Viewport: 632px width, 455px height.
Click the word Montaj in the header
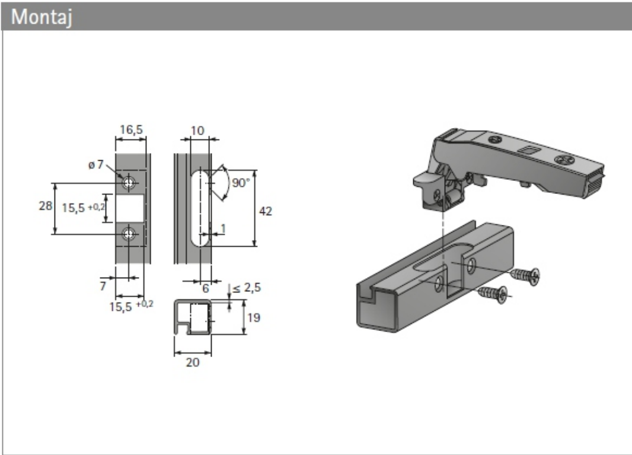42,18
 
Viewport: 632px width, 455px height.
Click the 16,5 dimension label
131,129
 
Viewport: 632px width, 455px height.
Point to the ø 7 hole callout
96,164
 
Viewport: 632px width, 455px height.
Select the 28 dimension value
46,206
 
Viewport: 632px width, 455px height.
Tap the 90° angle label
241,183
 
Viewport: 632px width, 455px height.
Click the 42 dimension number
265,211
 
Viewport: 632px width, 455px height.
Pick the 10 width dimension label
197,131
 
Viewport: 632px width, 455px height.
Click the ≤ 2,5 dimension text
247,288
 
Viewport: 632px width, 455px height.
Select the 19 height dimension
254,317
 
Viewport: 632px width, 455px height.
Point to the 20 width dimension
192,362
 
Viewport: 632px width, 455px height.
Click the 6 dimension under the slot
206,288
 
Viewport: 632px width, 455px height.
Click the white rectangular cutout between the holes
130,208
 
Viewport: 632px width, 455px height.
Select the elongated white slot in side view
200,208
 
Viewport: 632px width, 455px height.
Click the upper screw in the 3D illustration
525,275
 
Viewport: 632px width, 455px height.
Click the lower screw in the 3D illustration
493,293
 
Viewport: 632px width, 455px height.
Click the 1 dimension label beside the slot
223,228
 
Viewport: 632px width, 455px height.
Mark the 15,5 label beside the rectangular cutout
83,208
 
